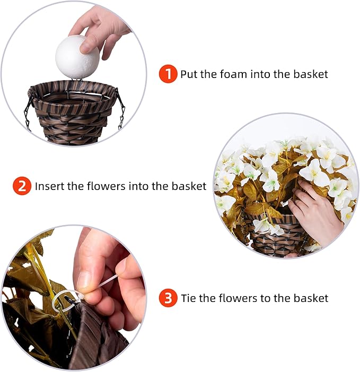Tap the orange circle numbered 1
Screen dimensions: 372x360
[168, 74]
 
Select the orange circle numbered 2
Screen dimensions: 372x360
[22, 186]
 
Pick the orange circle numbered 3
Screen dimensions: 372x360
[168, 298]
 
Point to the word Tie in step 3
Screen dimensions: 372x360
[188, 298]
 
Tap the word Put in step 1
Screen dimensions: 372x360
[189, 74]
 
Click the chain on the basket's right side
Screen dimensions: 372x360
[121, 111]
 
